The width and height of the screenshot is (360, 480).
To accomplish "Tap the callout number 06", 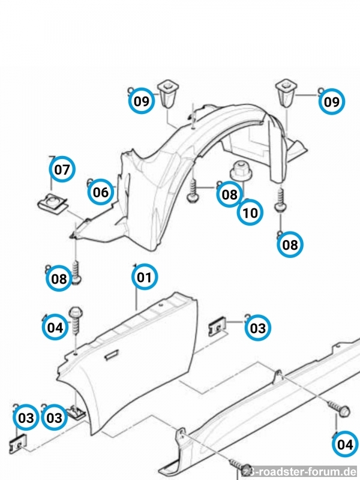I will coord(101,192).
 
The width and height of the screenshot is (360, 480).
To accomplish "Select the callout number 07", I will coord(62,169).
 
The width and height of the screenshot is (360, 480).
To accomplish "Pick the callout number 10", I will coord(250,212).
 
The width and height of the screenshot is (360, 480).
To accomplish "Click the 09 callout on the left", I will coord(142,101).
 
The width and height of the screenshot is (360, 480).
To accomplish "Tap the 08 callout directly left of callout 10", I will coord(229,194).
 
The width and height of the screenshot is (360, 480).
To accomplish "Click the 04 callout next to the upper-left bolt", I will coord(55,327).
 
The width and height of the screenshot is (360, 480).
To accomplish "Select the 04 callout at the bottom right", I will coord(344,445).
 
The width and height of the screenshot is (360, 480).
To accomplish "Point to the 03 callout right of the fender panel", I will coord(257,328).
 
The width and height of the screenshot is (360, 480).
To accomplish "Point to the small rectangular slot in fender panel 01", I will coord(112,356).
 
